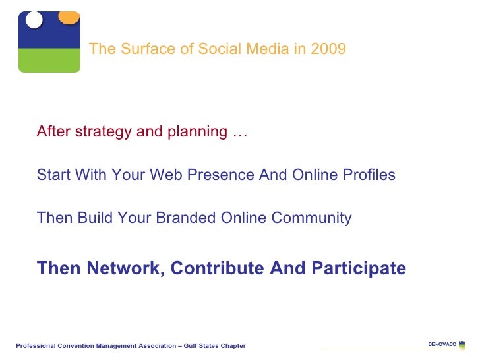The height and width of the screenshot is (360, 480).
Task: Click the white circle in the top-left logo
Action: click(x=34, y=19)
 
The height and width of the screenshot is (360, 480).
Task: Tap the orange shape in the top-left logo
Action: click(x=69, y=16)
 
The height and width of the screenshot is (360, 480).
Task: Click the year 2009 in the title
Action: click(x=329, y=49)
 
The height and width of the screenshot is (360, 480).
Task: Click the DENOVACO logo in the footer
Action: click(x=446, y=344)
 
